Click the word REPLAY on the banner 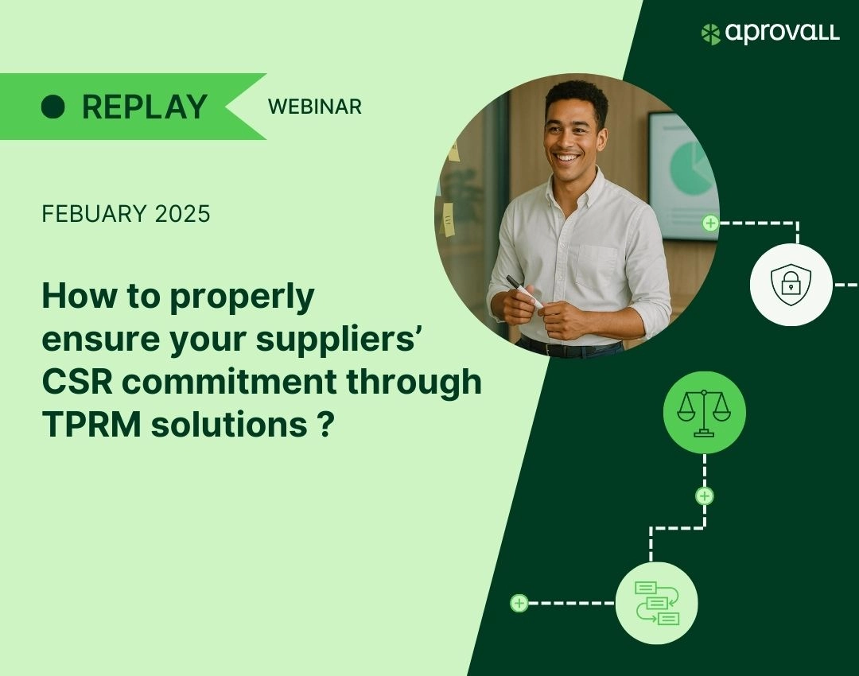[x=145, y=107]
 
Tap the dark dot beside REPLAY [x=53, y=107]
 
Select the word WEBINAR [x=315, y=107]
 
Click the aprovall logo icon [x=710, y=34]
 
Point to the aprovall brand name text [x=783, y=33]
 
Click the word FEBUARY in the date [x=94, y=214]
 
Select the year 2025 [x=182, y=214]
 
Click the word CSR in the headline [x=77, y=382]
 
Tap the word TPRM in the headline [x=92, y=425]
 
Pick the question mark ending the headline [x=325, y=425]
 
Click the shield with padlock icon [x=791, y=285]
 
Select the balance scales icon [x=704, y=413]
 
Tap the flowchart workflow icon [x=657, y=603]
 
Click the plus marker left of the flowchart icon [x=519, y=603]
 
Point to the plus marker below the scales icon [x=705, y=496]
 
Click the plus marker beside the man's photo [x=710, y=223]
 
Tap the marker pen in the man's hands [x=524, y=291]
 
